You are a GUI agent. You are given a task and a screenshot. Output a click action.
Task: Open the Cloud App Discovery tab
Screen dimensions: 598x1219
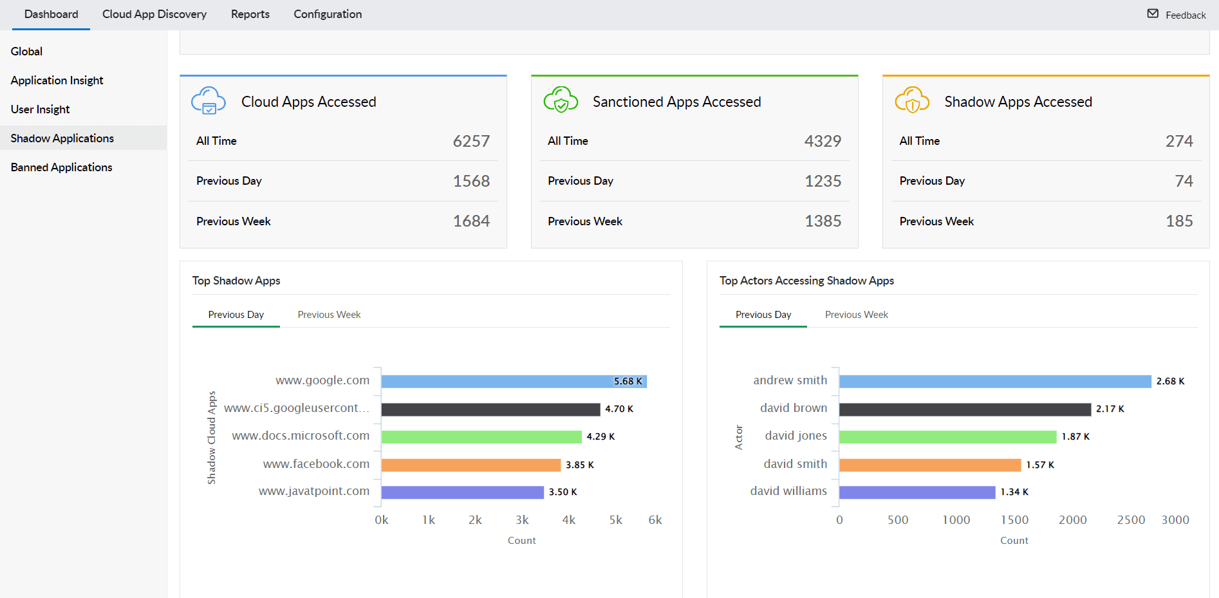154,14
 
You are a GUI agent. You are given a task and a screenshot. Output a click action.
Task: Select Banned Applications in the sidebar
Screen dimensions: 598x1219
62,167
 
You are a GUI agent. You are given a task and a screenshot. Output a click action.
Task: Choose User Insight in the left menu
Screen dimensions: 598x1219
41,109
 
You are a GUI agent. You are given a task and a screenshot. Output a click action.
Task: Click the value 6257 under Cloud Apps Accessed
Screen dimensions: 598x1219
471,141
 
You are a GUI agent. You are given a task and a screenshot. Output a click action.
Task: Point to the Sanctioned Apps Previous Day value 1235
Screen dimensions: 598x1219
823,181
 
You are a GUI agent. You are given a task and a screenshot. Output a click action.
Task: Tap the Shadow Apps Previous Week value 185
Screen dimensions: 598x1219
1179,221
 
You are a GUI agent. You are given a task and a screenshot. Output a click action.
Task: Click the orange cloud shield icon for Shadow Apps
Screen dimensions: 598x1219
912,100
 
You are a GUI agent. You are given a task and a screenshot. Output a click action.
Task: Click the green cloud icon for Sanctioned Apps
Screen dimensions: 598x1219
561,100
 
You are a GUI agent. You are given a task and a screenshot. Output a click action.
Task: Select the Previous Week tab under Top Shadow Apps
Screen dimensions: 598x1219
329,315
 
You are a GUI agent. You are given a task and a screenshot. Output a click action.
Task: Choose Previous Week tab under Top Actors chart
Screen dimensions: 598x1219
856,315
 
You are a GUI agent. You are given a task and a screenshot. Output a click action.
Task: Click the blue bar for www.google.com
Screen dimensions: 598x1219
496,382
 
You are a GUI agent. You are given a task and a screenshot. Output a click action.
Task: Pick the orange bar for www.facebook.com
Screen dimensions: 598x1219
470,465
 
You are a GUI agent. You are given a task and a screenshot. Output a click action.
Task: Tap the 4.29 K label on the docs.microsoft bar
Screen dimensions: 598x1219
600,436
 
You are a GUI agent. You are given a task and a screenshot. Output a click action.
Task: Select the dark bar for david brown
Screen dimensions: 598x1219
965,409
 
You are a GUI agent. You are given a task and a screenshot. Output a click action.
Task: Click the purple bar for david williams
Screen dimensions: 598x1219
917,492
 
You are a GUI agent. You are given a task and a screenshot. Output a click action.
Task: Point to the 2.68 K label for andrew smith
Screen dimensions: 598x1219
1170,381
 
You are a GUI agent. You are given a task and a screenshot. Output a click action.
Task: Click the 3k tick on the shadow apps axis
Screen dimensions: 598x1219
522,520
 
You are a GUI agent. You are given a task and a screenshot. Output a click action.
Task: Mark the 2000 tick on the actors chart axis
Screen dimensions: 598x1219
1072,520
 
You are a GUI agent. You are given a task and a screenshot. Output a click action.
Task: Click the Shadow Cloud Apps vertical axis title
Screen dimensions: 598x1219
211,438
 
